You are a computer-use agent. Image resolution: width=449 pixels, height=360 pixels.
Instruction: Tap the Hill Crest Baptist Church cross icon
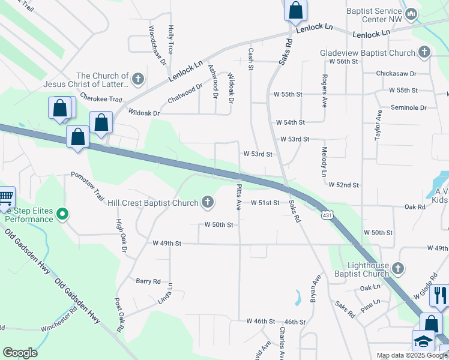point(208,202)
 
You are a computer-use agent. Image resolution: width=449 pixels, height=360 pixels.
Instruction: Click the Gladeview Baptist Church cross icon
point(424,52)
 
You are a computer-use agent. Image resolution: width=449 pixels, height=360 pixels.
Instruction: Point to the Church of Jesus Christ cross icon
point(138,79)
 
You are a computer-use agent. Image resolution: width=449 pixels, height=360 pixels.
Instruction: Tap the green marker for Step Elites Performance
point(62,214)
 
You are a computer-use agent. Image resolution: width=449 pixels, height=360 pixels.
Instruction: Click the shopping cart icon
point(5,198)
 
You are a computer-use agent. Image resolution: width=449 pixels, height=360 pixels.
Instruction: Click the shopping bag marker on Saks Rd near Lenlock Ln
point(295,10)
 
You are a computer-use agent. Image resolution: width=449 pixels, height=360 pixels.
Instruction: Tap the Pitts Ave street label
point(238,197)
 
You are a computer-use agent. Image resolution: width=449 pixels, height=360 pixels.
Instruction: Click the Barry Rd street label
point(148,281)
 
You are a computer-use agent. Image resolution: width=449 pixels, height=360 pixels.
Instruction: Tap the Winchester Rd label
point(59,328)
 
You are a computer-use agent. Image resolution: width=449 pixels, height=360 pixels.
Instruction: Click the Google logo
point(20,353)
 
